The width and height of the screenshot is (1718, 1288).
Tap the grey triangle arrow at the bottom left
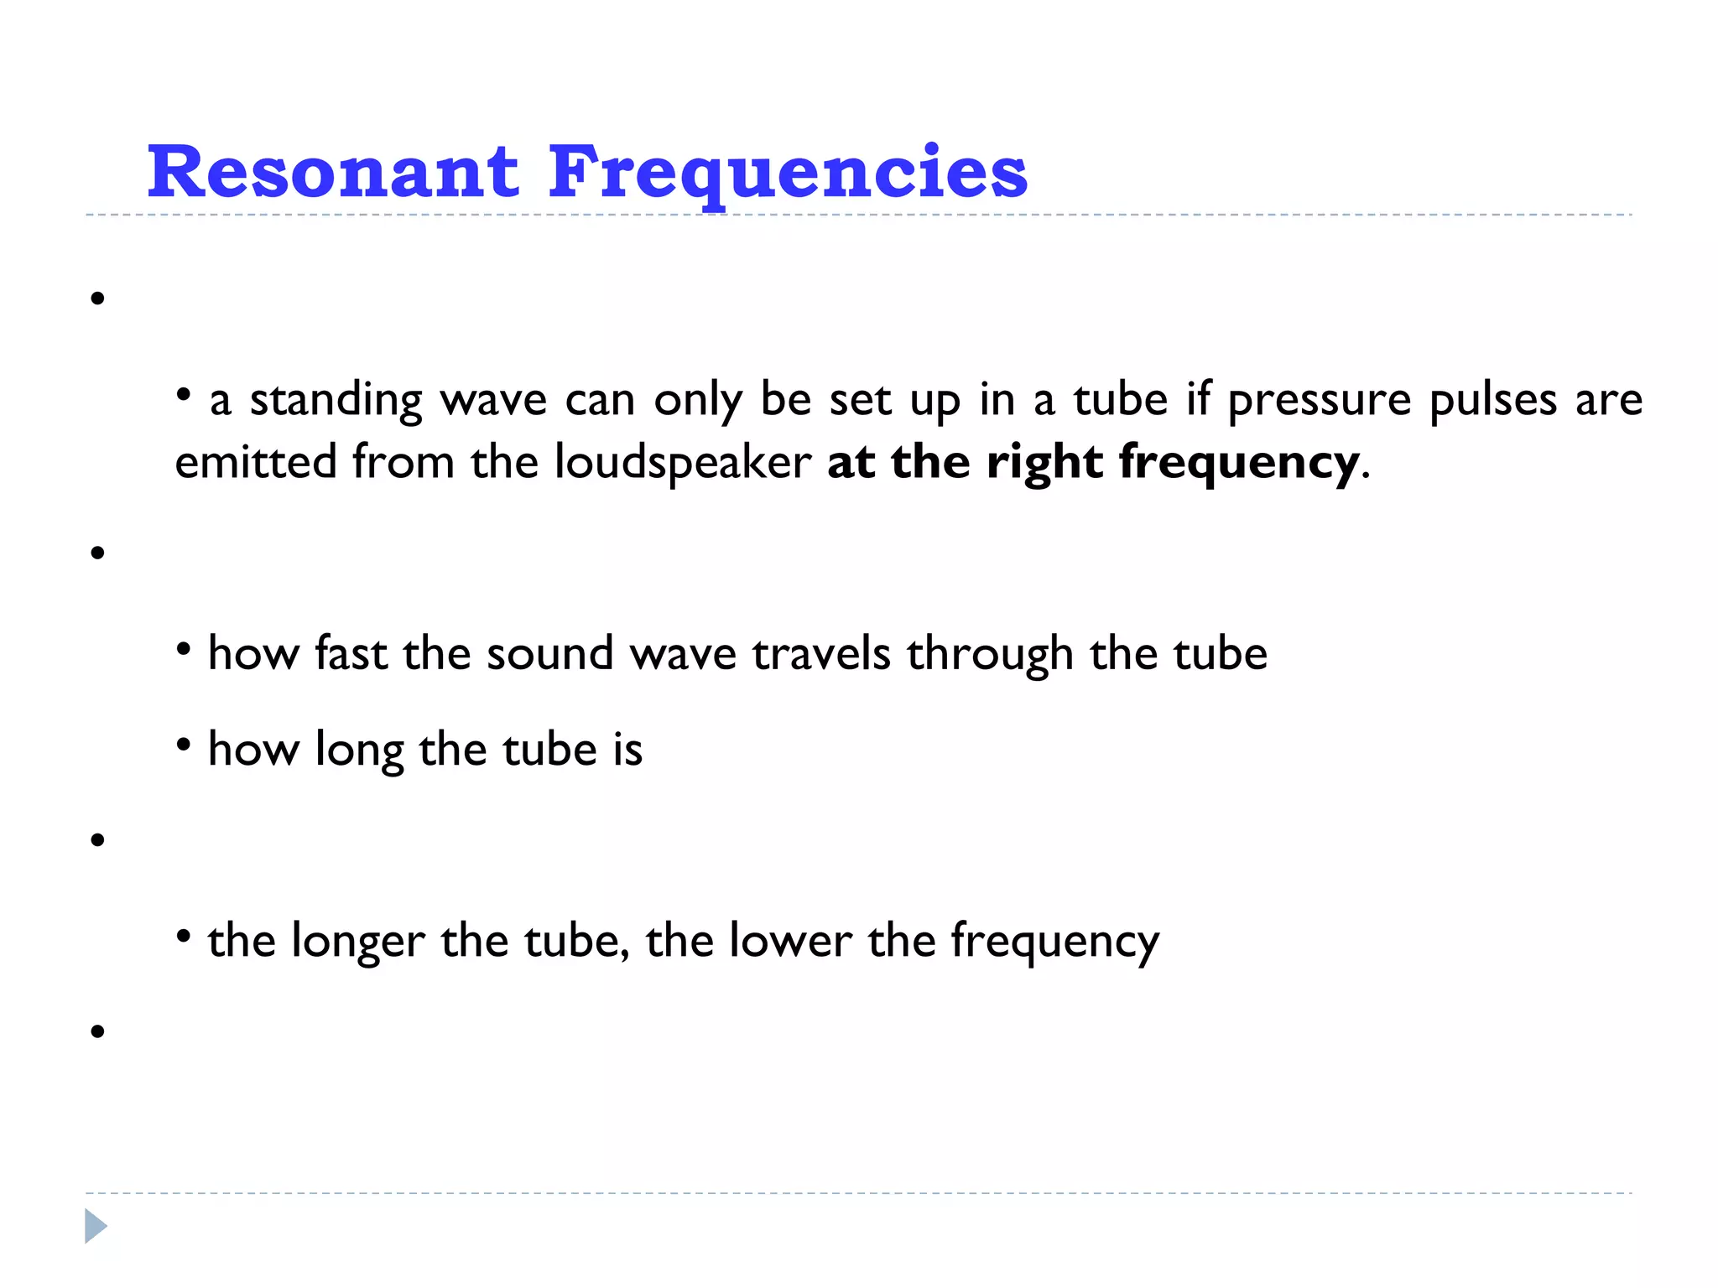[96, 1226]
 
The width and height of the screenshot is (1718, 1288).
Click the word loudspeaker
[682, 462]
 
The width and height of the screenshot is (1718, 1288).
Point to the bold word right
[1044, 462]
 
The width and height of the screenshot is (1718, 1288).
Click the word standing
[336, 400]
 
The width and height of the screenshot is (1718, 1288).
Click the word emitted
[255, 462]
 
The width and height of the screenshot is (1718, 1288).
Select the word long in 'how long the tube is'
[359, 750]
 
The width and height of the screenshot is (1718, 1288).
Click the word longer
[358, 942]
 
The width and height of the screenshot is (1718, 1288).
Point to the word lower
[790, 940]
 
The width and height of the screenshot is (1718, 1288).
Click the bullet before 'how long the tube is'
[184, 743]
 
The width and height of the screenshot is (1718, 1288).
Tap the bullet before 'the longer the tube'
[184, 934]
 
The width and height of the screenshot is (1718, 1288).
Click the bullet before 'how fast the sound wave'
[184, 647]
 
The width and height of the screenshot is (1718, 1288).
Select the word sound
[549, 653]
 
